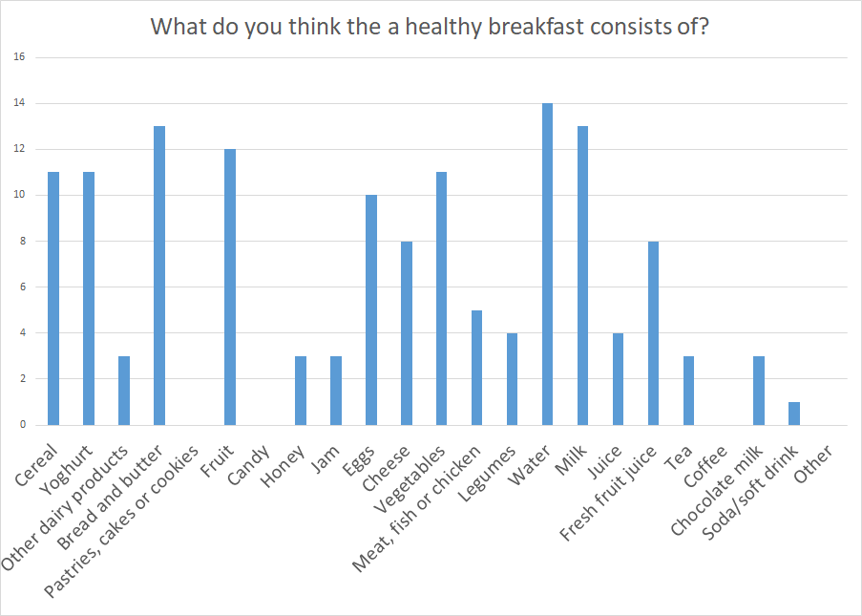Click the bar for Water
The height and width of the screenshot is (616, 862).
point(547,265)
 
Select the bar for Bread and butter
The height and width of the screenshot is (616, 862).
point(158,276)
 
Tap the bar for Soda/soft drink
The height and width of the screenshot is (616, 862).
point(794,414)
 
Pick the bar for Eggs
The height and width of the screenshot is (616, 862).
point(370,310)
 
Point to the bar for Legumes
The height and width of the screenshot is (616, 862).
point(512,379)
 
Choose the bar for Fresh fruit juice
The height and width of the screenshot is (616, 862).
point(653,333)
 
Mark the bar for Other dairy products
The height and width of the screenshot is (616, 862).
point(123,391)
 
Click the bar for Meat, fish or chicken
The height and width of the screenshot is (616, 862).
point(476,368)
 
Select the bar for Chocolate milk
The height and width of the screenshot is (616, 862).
point(759,391)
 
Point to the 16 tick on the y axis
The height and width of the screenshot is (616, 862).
point(19,57)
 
